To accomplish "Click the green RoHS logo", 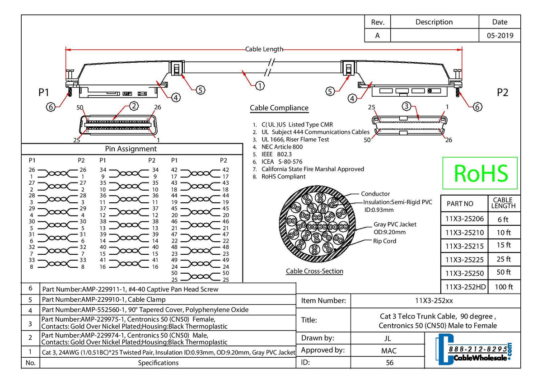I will pyautogui.click(x=480, y=173).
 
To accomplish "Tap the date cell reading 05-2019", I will pyautogui.click(x=500, y=36).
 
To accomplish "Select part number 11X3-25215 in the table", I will pyautogui.click(x=464, y=246).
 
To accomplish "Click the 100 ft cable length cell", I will pyautogui.click(x=503, y=287).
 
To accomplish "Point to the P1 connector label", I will pyautogui.click(x=43, y=93).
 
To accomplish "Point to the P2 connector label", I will pyautogui.click(x=502, y=93).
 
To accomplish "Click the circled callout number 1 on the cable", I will pyautogui.click(x=259, y=85).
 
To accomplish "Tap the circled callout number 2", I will pyautogui.click(x=133, y=106).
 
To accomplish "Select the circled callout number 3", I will pyautogui.click(x=406, y=107).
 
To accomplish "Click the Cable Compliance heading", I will pyautogui.click(x=279, y=108).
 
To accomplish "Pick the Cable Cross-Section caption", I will pyautogui.click(x=314, y=271).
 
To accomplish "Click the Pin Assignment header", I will pyautogui.click(x=131, y=149).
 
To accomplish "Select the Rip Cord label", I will pyautogui.click(x=385, y=241).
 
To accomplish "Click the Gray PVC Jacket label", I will pyautogui.click(x=395, y=224).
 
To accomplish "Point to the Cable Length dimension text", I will pyautogui.click(x=264, y=49).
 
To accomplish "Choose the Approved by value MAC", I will pyautogui.click(x=388, y=350).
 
